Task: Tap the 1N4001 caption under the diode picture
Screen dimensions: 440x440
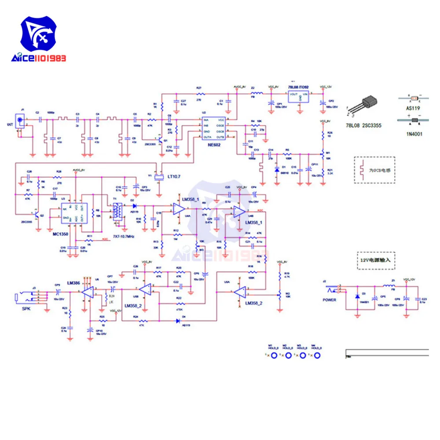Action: pyautogui.click(x=414, y=134)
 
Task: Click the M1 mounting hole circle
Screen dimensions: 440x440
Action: pyautogui.click(x=274, y=356)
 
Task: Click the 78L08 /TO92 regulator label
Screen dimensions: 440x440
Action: pyautogui.click(x=299, y=88)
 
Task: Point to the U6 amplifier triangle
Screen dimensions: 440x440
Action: pyautogui.click(x=88, y=291)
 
